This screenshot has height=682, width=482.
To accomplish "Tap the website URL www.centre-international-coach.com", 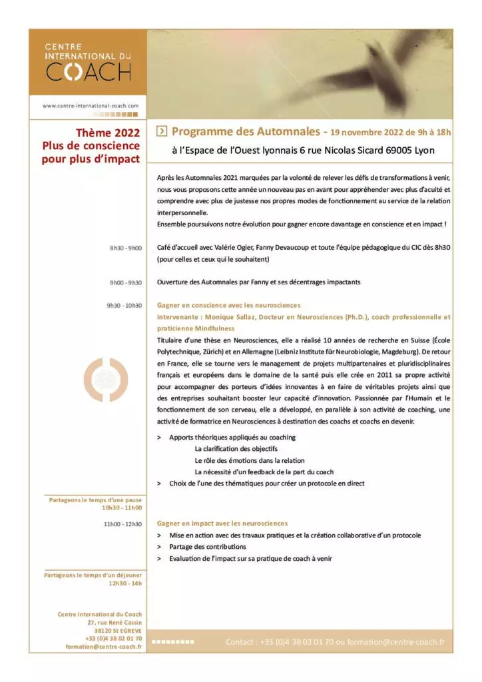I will pyautogui.click(x=91, y=106).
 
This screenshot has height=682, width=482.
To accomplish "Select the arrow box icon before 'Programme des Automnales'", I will pyautogui.click(x=160, y=131).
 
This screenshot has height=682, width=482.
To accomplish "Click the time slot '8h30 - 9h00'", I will pyautogui.click(x=126, y=248).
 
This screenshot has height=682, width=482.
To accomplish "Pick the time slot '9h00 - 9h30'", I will pyautogui.click(x=126, y=282).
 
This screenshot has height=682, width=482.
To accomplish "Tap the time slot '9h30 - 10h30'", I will pyautogui.click(x=124, y=305).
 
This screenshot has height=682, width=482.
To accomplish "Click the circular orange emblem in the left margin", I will pyautogui.click(x=102, y=380).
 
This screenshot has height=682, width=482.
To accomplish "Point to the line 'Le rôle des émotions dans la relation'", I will pyautogui.click(x=249, y=460).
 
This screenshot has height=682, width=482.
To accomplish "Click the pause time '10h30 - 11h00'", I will pyautogui.click(x=122, y=508).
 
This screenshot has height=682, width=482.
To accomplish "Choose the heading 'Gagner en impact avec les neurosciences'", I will pyautogui.click(x=222, y=523).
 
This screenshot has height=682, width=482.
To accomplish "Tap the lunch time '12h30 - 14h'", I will pyautogui.click(x=125, y=583).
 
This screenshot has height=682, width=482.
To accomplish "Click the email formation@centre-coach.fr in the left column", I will pyautogui.click(x=104, y=647).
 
